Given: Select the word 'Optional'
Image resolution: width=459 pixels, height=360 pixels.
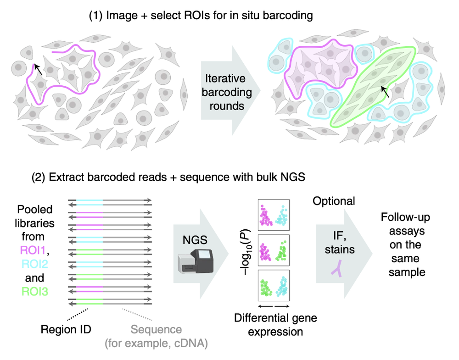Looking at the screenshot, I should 334,201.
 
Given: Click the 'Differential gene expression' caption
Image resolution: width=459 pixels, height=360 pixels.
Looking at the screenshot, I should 276,324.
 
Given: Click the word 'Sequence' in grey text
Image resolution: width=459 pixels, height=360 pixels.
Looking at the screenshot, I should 156,330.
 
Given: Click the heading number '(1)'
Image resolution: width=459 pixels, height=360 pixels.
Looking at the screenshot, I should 96,16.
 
